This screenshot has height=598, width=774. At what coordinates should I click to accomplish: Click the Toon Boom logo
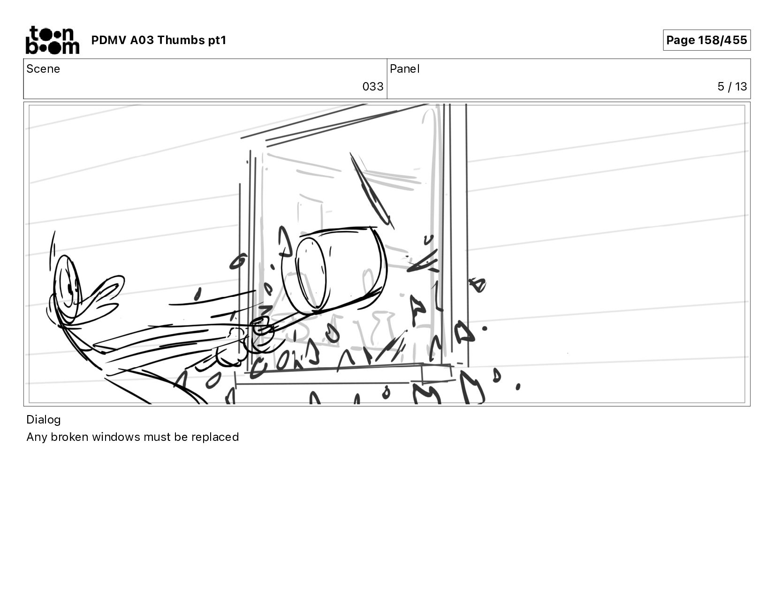click(x=53, y=40)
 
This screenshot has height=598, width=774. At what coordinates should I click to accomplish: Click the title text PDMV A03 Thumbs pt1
click(x=159, y=40)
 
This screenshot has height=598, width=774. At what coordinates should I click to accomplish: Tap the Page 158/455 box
click(x=706, y=40)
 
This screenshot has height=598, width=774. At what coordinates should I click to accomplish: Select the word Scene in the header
click(x=43, y=69)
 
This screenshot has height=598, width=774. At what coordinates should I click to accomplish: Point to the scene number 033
click(x=372, y=87)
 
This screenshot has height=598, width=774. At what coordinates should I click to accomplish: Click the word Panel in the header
click(x=405, y=69)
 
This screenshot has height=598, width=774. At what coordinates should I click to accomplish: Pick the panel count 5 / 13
click(x=732, y=87)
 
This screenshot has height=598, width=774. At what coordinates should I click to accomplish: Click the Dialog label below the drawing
click(x=44, y=420)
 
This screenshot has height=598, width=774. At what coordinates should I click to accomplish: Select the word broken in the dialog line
click(x=70, y=437)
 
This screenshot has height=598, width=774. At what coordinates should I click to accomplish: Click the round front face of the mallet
click(x=311, y=273)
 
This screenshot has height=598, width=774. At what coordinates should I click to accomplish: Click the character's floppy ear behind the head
click(x=101, y=297)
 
